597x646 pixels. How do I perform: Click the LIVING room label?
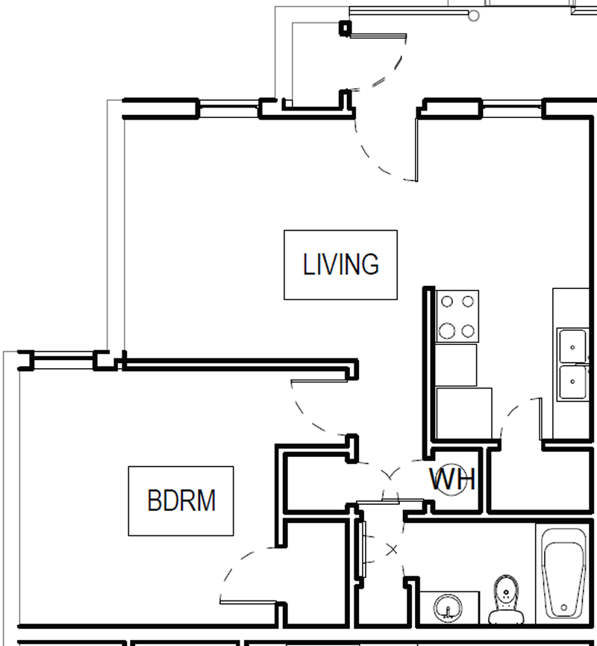[x=340, y=264]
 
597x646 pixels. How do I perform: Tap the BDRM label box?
[x=181, y=500]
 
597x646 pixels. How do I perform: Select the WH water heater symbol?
[x=452, y=479]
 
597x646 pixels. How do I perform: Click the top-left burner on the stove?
[x=448, y=302]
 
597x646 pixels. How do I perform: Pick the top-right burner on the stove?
[x=468, y=302]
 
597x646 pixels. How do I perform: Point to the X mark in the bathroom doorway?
[x=393, y=550]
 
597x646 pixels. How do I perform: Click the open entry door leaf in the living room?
[x=416, y=142]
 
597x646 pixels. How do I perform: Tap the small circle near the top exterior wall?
[x=472, y=15]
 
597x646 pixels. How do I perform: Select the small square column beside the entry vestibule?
[x=345, y=28]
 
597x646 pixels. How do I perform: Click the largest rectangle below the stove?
[x=463, y=413]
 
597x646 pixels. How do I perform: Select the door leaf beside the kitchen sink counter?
[x=540, y=418]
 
